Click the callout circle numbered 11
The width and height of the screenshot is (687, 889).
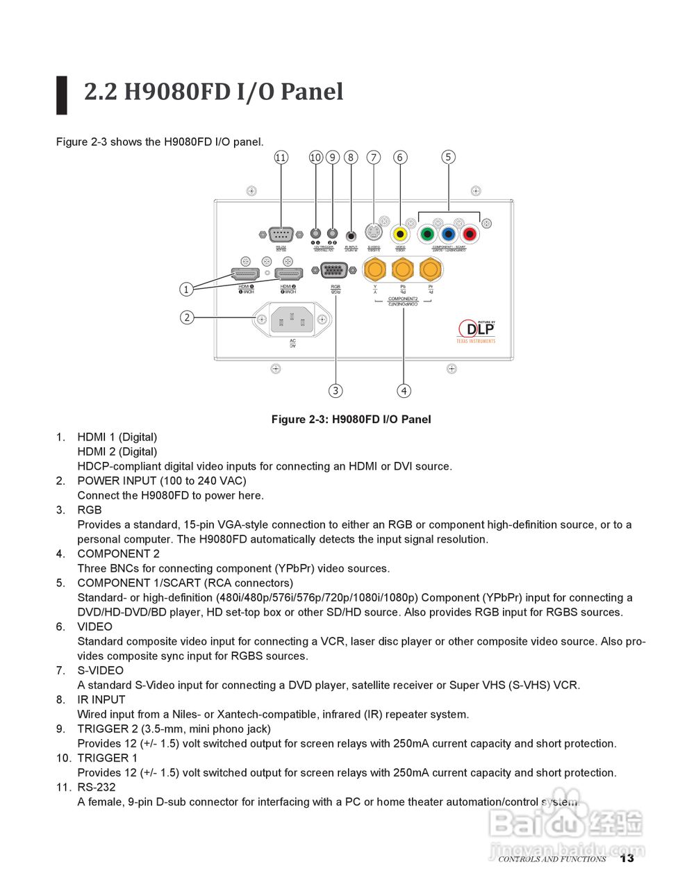click(281, 158)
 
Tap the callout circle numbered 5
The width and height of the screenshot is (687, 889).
click(448, 157)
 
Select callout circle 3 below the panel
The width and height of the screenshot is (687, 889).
click(336, 390)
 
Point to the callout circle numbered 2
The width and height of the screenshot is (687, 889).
click(186, 317)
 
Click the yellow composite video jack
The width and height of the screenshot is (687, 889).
click(400, 234)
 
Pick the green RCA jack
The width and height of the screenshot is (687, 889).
click(428, 234)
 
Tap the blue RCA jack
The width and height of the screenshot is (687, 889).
click(449, 234)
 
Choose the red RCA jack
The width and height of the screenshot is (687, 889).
click(470, 234)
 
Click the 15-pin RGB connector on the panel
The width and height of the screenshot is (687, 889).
click(336, 271)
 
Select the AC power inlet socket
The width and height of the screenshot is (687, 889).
click(292, 319)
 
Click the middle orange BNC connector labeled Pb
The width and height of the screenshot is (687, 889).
click(403, 269)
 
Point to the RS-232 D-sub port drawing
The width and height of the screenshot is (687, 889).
click(281, 235)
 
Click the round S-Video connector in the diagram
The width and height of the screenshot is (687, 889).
click(374, 233)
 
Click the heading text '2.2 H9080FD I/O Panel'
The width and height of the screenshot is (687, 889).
click(213, 92)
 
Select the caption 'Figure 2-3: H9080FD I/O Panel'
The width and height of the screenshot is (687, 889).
click(351, 419)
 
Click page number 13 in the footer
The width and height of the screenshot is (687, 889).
click(627, 858)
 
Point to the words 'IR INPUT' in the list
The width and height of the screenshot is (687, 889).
click(101, 699)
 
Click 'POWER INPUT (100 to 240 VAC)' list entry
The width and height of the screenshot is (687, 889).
click(162, 481)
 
